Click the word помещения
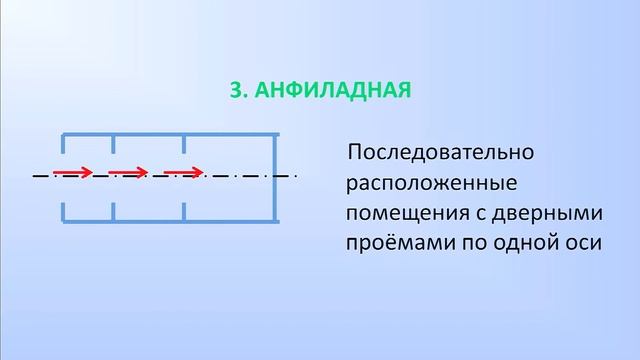coord(405,215)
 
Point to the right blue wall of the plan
coord(276,176)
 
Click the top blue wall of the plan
coord(170,133)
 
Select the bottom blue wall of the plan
coord(170,219)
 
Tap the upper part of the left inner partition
coord(113,145)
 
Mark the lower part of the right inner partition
coord(184,209)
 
